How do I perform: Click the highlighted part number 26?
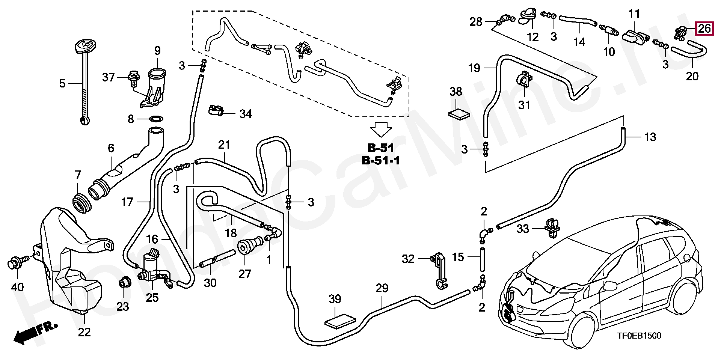pos(704,29)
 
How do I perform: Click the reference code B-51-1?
pos(381,161)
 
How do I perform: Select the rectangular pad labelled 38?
pos(460,114)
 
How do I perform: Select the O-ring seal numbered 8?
pos(156,119)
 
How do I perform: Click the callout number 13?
pos(650,137)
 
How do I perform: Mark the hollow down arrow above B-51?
pos(381,130)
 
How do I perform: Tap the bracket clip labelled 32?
pos(438,271)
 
